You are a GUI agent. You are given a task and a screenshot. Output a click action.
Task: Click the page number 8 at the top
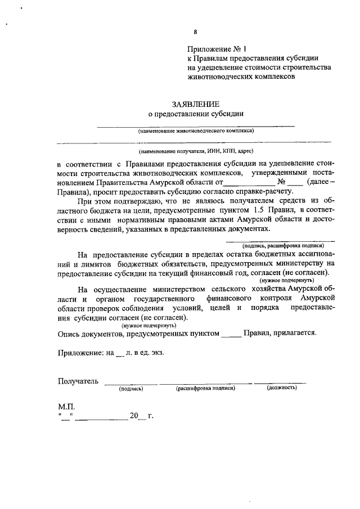click(195, 32)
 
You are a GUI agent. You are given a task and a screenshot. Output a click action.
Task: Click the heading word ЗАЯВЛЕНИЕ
click(195, 103)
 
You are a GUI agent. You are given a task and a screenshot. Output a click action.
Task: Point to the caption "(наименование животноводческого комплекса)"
click(196, 130)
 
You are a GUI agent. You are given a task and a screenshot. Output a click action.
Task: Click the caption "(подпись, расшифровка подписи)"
click(283, 246)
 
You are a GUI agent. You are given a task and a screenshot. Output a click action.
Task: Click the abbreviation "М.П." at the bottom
click(66, 406)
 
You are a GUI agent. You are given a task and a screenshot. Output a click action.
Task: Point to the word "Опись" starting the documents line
click(69, 333)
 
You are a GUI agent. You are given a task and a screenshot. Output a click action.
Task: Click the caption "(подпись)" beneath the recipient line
click(130, 388)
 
